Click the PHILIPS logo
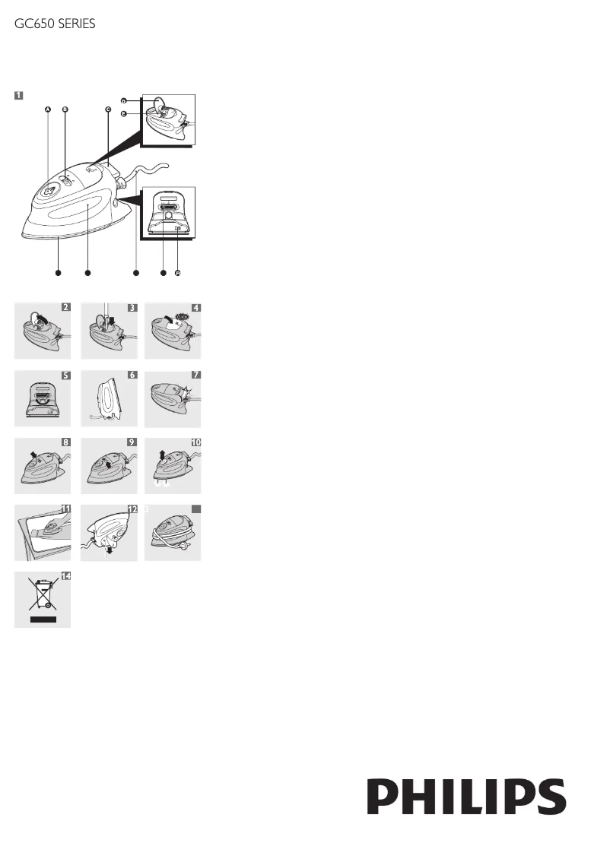(x=467, y=796)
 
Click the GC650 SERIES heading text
(x=55, y=24)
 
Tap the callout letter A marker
(x=48, y=109)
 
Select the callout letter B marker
(x=65, y=109)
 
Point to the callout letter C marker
(x=108, y=109)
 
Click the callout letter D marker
(x=123, y=100)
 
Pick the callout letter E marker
(x=123, y=112)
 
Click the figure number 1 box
(x=18, y=96)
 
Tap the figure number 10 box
(x=195, y=442)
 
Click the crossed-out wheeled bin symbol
(x=43, y=594)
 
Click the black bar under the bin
(x=43, y=620)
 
